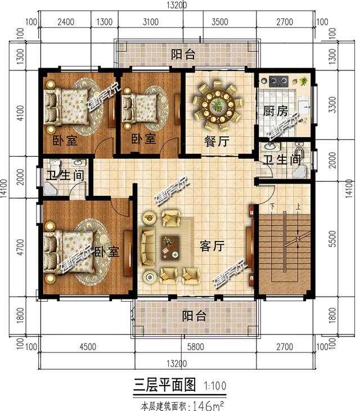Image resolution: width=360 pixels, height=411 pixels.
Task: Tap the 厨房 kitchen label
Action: click(276, 111)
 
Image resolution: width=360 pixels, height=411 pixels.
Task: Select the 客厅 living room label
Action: click(213, 246)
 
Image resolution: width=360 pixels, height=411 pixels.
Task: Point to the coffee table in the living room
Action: click(169, 245)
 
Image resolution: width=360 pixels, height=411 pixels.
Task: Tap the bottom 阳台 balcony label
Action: click(194, 315)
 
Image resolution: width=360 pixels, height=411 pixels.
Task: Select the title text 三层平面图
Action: click(164, 385)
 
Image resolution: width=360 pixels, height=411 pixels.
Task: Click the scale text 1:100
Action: click(217, 386)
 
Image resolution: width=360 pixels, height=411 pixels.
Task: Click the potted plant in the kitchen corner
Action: click(304, 81)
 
